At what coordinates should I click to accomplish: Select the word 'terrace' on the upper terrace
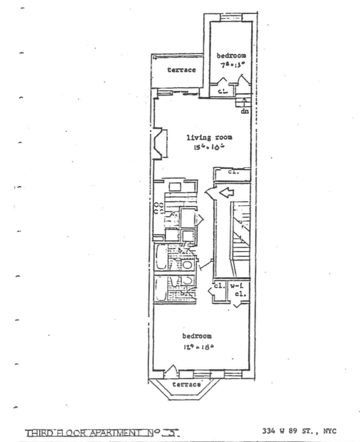181,70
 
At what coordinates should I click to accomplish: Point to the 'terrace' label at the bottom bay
187,384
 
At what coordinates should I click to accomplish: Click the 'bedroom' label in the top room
231,55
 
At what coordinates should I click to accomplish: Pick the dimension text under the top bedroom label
230,65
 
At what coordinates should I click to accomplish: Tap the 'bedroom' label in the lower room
197,336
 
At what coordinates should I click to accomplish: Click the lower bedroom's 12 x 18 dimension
196,347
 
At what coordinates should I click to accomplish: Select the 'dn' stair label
245,111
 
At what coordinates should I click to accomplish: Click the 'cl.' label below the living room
233,172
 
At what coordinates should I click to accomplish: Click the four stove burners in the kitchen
159,208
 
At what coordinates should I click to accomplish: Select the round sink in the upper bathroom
187,265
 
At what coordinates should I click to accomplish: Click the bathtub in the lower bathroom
161,289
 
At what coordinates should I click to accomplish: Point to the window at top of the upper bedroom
230,18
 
